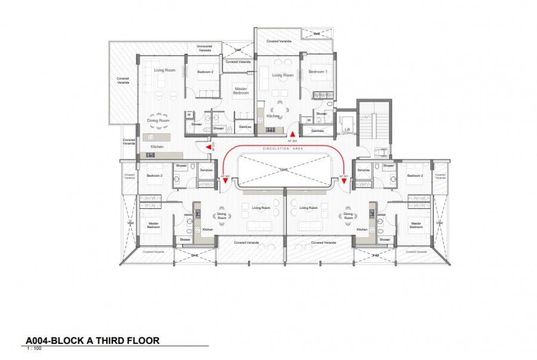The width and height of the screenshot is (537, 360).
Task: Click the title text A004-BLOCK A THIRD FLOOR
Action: [x=92, y=341]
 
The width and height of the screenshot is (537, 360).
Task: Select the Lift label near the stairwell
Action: [x=347, y=129]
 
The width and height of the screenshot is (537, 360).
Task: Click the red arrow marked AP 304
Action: [x=292, y=133]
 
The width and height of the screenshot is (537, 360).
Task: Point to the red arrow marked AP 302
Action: [x=226, y=181]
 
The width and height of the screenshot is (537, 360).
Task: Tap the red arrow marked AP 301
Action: [x=344, y=181]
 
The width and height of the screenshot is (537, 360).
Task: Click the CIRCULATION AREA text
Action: [x=284, y=148]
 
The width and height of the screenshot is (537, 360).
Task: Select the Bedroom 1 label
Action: [x=317, y=72]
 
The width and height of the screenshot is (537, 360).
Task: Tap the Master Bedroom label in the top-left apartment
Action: [x=240, y=91]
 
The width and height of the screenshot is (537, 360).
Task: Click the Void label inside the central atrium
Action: [x=285, y=170]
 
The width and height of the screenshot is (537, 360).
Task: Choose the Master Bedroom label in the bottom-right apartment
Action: [x=416, y=225]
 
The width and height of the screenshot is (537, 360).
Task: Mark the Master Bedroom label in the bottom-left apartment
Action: [x=153, y=225]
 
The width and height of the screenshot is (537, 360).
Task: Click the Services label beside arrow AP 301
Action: [x=363, y=170]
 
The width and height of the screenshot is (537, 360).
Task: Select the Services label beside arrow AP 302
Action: [x=206, y=170]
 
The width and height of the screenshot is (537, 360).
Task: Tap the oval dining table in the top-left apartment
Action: [x=159, y=112]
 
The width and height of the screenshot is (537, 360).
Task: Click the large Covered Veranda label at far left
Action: [x=123, y=80]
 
